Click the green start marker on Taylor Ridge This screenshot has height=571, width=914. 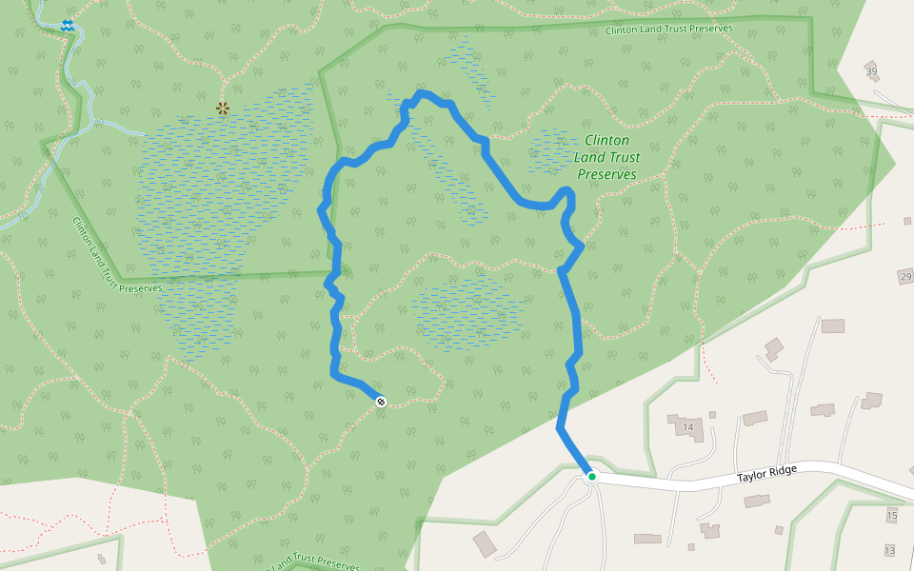click(x=591, y=476)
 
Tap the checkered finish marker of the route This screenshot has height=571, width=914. click(x=381, y=402)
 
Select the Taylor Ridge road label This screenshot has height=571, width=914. click(x=766, y=471)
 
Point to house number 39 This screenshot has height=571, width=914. click(x=871, y=72)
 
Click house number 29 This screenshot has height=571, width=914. click(x=904, y=276)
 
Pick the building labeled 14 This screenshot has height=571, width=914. click(x=687, y=426)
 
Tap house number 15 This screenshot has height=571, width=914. click(x=891, y=516)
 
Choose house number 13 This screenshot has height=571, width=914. click(x=889, y=550)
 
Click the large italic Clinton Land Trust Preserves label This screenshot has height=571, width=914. click(x=606, y=157)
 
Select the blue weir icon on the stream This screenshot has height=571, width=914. click(x=67, y=26)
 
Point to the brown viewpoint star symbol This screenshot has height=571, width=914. click(x=223, y=108)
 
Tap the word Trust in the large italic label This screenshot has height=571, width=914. click(x=621, y=157)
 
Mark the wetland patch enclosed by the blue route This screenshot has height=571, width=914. click(x=467, y=311)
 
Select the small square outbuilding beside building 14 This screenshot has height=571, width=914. click(x=712, y=415)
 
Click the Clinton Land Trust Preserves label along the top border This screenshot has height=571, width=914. click(x=668, y=30)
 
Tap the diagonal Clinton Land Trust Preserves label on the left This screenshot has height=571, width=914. click(x=117, y=256)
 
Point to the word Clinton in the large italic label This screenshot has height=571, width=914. click(x=606, y=140)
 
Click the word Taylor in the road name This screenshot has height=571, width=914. click(x=751, y=474)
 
